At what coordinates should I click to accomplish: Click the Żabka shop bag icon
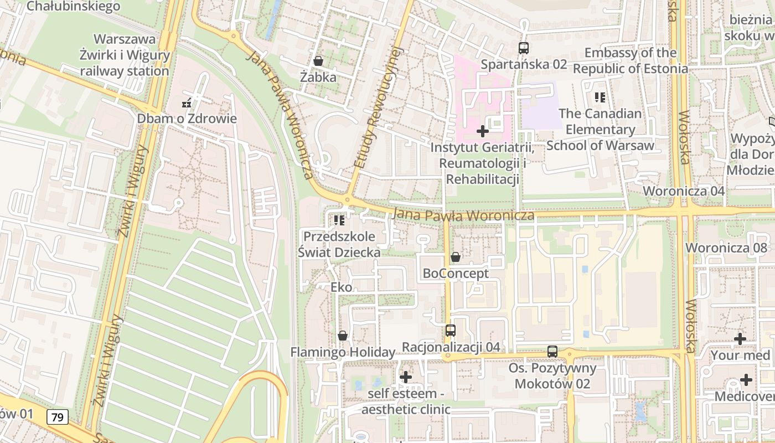318,60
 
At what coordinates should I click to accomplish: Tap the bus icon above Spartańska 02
524,48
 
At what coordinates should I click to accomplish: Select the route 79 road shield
58,417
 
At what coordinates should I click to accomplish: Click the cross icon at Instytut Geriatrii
483,131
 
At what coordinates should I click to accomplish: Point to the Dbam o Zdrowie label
187,119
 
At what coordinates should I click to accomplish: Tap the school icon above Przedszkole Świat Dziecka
339,220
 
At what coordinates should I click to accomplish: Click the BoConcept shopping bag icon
456,257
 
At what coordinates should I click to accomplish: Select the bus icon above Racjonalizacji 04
451,331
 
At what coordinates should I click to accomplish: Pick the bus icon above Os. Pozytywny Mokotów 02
552,351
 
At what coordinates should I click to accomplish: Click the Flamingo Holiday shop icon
343,336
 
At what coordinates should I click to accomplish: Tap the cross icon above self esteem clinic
406,377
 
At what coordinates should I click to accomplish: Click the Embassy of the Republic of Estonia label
631,61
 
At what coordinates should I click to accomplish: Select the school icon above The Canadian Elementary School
600,97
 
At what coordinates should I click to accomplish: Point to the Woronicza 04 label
684,191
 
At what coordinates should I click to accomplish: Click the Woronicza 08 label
727,248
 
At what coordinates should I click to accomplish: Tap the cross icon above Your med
740,338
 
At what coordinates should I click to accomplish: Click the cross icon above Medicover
746,380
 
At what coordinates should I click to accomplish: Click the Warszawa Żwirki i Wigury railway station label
125,55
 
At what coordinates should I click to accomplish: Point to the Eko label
341,287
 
